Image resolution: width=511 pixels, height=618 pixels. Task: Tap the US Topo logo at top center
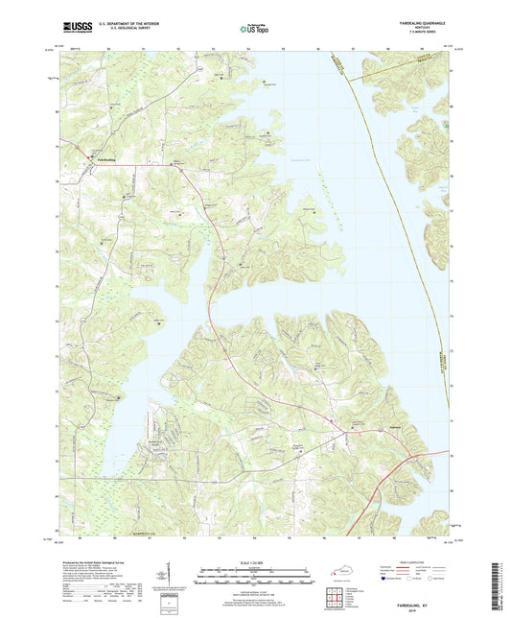[x=254, y=31]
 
